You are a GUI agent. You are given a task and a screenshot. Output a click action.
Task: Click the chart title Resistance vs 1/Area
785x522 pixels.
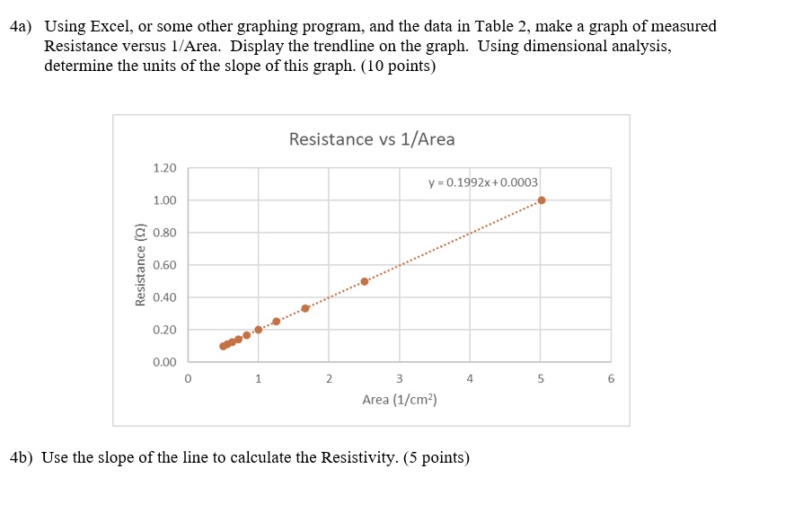372,139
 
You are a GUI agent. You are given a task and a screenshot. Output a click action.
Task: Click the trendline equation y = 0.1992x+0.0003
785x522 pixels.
482,182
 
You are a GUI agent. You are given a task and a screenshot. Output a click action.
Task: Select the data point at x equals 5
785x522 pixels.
541,200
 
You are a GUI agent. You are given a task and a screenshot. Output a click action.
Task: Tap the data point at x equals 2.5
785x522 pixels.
364,281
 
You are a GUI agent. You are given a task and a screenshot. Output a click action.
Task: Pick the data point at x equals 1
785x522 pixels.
258,329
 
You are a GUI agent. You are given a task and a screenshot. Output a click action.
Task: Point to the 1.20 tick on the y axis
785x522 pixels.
165,168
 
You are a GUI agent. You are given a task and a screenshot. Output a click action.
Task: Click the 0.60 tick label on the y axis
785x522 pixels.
165,265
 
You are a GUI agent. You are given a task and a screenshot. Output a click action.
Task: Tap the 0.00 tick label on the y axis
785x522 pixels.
165,362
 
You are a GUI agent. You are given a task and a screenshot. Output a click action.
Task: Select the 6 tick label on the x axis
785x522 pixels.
611,379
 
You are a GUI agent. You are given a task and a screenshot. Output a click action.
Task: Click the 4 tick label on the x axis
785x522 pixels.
470,379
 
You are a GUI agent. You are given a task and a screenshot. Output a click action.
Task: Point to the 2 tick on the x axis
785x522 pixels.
329,379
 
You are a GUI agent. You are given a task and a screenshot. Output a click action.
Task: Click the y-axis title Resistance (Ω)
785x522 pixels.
140,265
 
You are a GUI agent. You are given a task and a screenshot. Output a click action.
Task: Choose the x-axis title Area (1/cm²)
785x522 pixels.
399,399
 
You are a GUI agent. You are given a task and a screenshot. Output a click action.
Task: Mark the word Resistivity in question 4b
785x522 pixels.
357,457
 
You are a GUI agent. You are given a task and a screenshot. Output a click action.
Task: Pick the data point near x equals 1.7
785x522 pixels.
305,308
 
